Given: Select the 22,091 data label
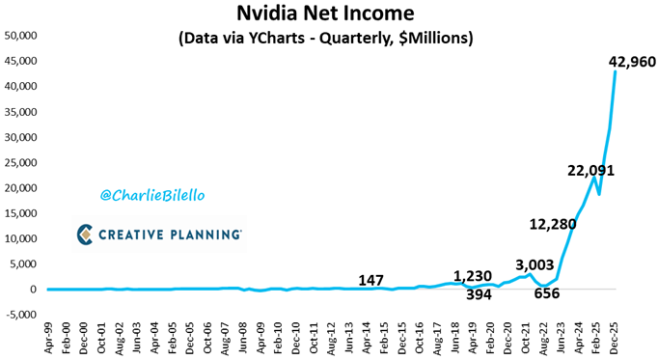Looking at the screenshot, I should (x=590, y=171).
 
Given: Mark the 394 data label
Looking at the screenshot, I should (x=479, y=294).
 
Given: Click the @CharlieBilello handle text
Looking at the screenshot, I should (x=152, y=195).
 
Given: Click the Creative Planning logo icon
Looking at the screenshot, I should (x=87, y=234).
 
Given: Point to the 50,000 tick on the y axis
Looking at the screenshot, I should (x=21, y=36).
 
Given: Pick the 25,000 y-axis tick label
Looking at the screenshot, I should (x=21, y=162).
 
